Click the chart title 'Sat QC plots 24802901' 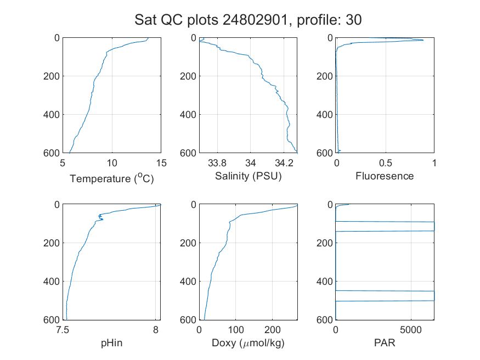tap(211, 20)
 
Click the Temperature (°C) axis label tap(112, 178)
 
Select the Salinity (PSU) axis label tap(249, 176)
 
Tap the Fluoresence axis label tap(385, 176)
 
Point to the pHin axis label tap(112, 343)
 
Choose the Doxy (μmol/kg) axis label tap(249, 343)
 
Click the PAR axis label tap(385, 342)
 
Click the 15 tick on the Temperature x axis tap(161, 163)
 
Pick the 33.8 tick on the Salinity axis tap(217, 163)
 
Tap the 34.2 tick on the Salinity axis tap(284, 163)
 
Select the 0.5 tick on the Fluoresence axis tap(386, 163)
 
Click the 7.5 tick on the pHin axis tap(63, 330)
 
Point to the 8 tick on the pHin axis tap(156, 330)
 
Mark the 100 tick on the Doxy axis tap(236, 330)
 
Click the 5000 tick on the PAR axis tap(411, 330)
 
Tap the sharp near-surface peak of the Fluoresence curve tap(423, 40)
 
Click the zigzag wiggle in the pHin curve tap(100, 218)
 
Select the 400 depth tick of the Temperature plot tap(52, 115)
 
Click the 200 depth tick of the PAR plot tap(325, 243)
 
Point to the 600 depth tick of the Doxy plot tap(188, 320)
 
